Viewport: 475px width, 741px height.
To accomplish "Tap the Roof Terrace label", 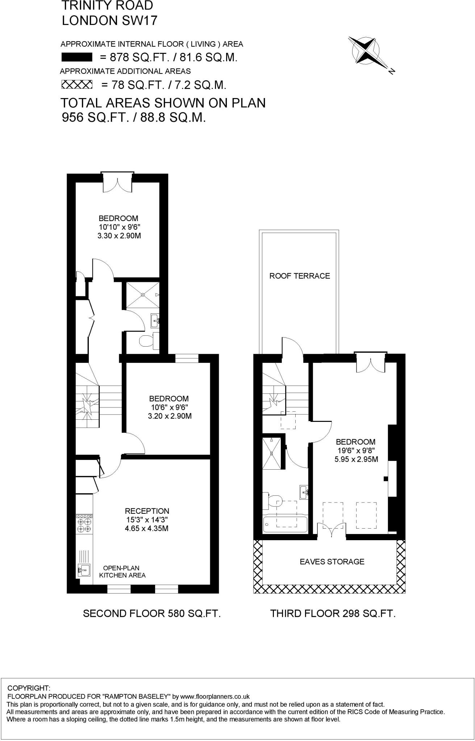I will pyautogui.click(x=299, y=276).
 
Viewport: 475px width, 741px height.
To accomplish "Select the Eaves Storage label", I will pyautogui.click(x=332, y=562).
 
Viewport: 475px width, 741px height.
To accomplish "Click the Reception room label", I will pyautogui.click(x=147, y=511).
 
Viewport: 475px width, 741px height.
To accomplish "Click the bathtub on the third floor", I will pyautogui.click(x=285, y=524).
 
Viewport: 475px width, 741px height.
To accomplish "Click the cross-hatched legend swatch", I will pyautogui.click(x=77, y=85).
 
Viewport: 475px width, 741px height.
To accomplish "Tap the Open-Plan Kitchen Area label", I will pyautogui.click(x=122, y=572).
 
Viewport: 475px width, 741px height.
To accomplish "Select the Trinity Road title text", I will pyautogui.click(x=107, y=5).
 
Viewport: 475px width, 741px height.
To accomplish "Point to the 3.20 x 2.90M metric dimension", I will pyautogui.click(x=170, y=416).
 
